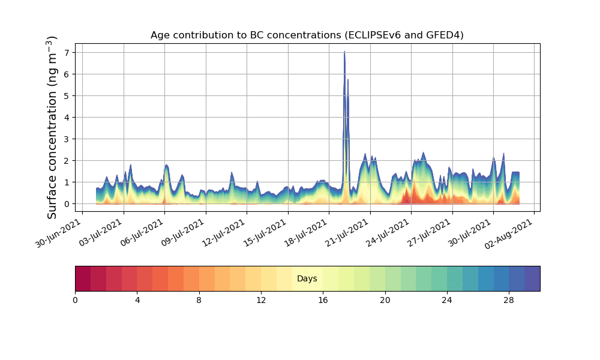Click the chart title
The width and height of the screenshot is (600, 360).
click(x=307, y=35)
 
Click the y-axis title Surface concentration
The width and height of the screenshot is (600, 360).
click(x=52, y=127)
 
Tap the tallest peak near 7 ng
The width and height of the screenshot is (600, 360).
click(x=344, y=53)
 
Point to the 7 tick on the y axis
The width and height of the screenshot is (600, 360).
click(x=67, y=53)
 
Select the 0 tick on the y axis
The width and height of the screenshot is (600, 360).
click(x=67, y=204)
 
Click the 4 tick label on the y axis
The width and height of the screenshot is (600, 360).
click(x=67, y=118)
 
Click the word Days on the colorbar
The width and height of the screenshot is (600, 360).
click(x=307, y=279)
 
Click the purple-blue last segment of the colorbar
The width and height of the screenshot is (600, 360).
click(x=532, y=278)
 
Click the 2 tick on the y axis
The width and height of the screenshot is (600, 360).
click(x=67, y=161)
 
